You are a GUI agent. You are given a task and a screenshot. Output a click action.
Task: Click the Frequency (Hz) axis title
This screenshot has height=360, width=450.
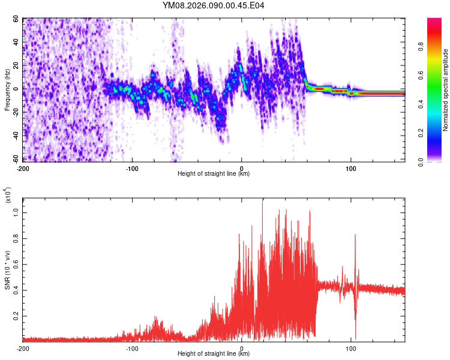(x=7, y=90)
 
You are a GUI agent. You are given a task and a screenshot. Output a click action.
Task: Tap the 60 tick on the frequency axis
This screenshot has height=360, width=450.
(x=16, y=19)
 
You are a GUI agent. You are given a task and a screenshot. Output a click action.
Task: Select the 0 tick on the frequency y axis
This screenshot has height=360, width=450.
(x=18, y=89)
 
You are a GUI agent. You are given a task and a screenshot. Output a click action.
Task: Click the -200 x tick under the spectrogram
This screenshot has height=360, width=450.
(x=23, y=169)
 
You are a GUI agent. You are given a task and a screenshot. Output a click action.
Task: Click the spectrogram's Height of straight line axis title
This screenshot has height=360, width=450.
(x=214, y=174)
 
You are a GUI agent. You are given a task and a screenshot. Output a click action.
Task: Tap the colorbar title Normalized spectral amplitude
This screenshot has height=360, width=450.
(x=446, y=90)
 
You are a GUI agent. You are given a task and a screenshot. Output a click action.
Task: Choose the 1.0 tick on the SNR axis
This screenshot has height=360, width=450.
(x=16, y=211)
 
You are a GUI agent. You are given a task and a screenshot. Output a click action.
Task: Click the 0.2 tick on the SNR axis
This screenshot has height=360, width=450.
(x=16, y=314)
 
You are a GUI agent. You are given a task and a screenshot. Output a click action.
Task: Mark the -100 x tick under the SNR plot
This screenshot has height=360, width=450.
(x=132, y=348)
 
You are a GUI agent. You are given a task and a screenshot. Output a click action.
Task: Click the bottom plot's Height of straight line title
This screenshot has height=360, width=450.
(x=214, y=354)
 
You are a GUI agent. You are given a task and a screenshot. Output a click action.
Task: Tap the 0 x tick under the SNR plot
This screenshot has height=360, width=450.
(x=241, y=348)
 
